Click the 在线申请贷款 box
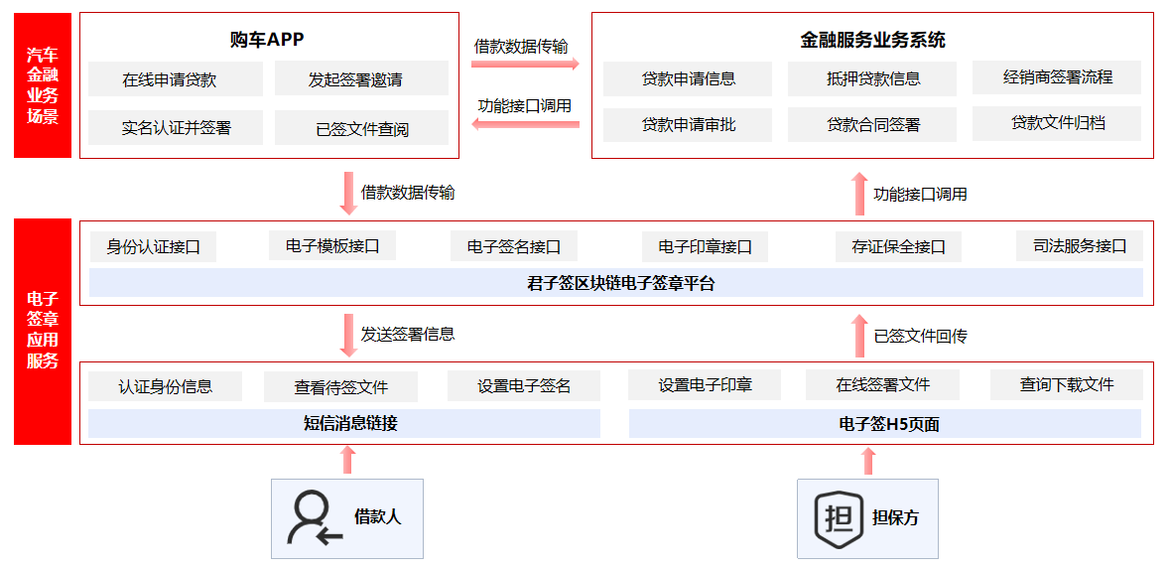click(x=176, y=79)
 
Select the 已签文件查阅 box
click(x=362, y=128)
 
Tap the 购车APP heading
click(x=267, y=40)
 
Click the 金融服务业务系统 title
click(x=873, y=41)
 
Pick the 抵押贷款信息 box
click(x=872, y=78)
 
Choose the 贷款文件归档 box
click(x=1057, y=123)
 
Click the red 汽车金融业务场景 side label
click(x=43, y=85)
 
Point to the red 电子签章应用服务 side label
click(x=43, y=331)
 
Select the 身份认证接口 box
click(x=153, y=247)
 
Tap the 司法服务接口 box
click(x=1080, y=246)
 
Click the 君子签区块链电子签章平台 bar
click(x=615, y=283)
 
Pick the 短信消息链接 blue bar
click(x=344, y=424)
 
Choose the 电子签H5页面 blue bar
click(x=885, y=424)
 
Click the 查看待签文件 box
click(x=341, y=387)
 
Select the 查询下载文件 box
click(x=1067, y=384)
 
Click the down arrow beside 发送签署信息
click(x=347, y=335)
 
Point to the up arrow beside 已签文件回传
click(x=859, y=336)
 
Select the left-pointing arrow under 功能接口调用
click(x=525, y=124)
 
